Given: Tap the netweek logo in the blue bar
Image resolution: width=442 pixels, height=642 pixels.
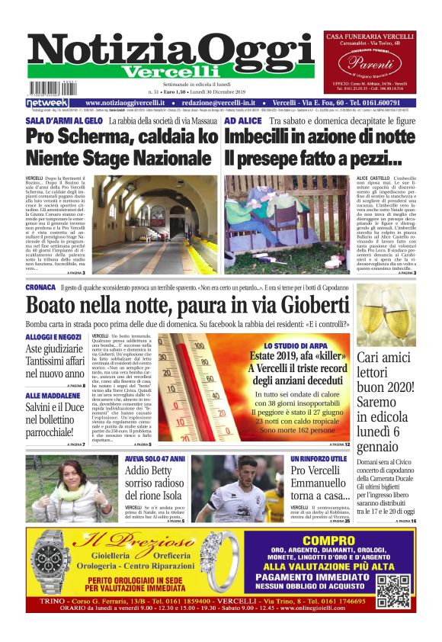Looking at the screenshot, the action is click(x=47, y=103).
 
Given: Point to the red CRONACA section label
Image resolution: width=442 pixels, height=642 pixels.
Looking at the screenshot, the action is click(x=40, y=287).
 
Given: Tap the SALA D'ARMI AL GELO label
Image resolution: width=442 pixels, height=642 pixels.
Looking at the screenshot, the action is click(x=63, y=120).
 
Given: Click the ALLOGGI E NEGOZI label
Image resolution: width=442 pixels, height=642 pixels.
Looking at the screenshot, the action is click(x=53, y=336).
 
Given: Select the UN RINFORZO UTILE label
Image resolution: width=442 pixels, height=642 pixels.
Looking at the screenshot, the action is click(x=319, y=459).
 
